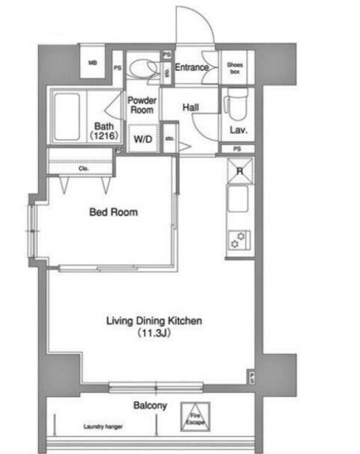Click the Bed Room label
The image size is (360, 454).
click(113, 211)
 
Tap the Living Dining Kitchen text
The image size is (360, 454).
click(154, 321)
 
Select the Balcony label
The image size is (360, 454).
click(150, 406)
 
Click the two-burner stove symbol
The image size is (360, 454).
click(237, 240)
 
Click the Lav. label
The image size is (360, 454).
click(237, 131)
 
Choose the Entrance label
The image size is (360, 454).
click(191, 67)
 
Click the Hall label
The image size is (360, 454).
click(191, 107)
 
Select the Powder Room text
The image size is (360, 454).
click(142, 105)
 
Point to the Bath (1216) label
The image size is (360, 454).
click(104, 131)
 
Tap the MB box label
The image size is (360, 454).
click(92, 63)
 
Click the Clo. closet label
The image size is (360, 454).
click(83, 169)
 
